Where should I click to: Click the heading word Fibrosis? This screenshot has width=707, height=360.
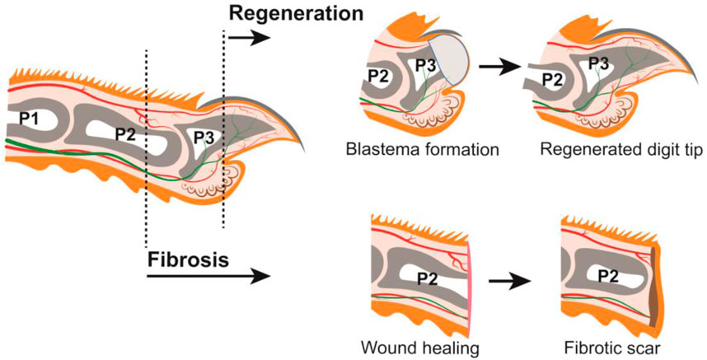pyautogui.click(x=188, y=260)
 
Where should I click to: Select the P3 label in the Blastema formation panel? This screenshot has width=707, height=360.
pyautogui.click(x=425, y=65)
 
